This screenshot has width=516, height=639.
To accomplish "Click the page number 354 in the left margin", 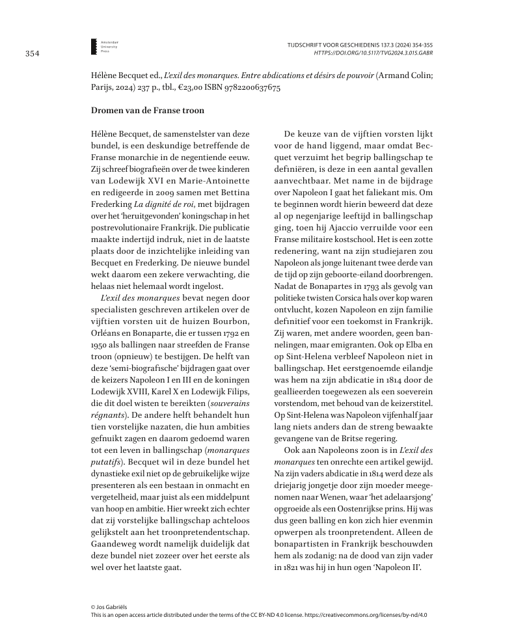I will pyautogui.click(x=33, y=53).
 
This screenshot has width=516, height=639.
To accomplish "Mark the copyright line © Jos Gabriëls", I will pyautogui.click(x=109, y=606).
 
